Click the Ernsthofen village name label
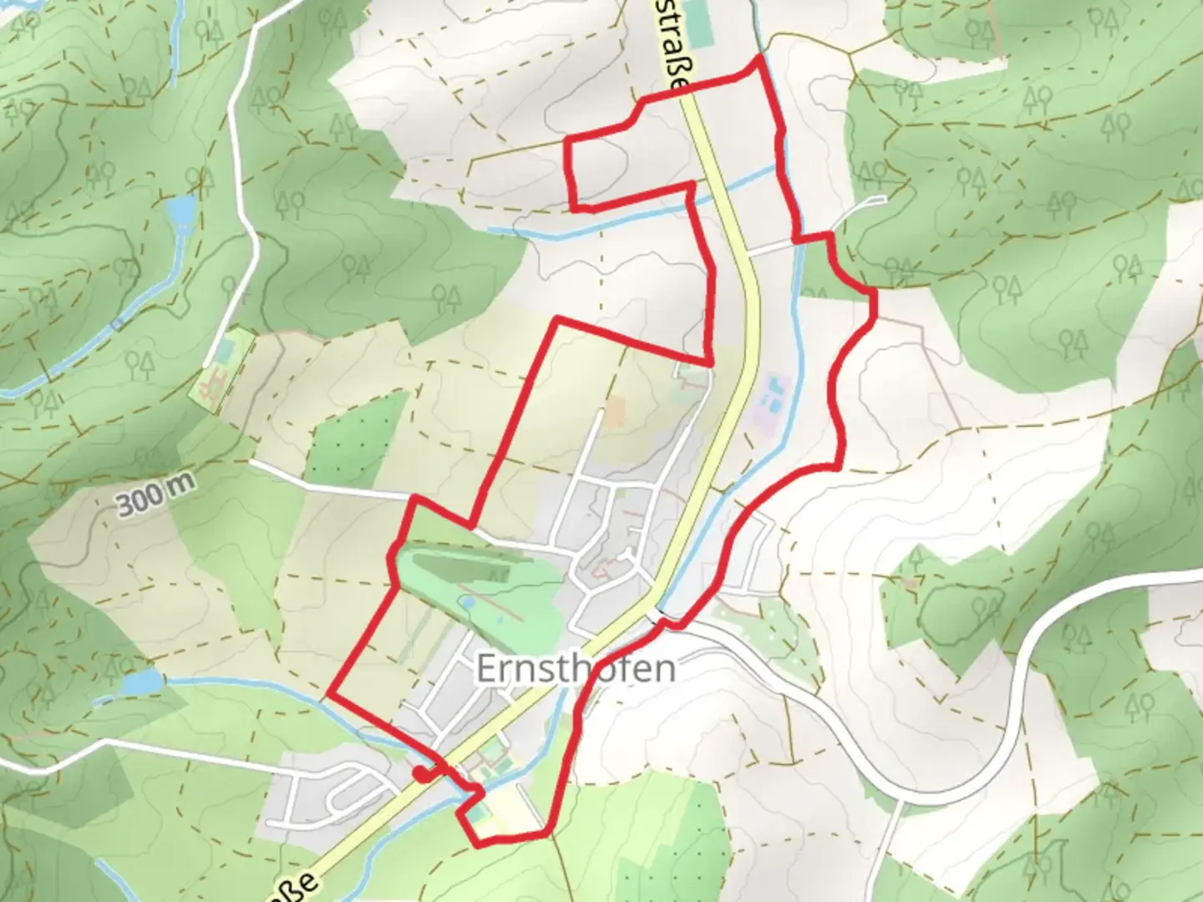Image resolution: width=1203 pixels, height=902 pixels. tap(576, 668)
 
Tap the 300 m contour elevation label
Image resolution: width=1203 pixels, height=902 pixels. tap(155, 502)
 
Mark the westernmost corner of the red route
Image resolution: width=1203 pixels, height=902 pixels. tap(331, 693)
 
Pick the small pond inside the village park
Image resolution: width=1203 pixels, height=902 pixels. tap(468, 600)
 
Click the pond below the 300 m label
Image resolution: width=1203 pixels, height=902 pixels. tap(141, 683)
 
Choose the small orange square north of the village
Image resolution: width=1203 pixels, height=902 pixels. tap(615, 412)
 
